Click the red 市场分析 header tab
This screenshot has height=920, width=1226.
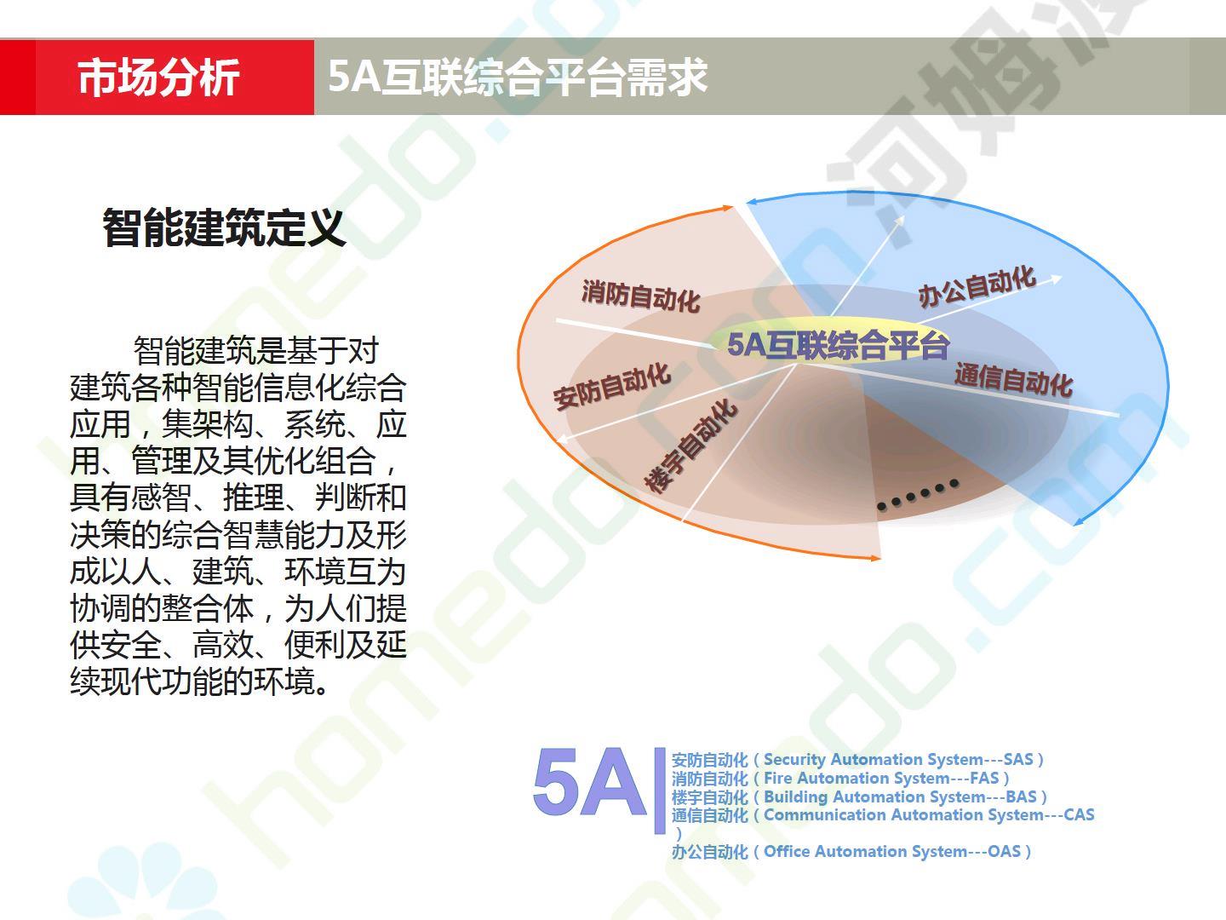[x=157, y=77]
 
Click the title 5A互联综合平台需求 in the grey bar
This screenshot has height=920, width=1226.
[x=517, y=77]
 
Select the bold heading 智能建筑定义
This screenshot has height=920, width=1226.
[x=224, y=227]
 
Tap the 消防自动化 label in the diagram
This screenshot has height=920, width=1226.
[x=640, y=296]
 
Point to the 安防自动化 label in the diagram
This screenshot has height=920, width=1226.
[x=612, y=385]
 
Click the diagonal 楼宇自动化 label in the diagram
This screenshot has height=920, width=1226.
[x=691, y=446]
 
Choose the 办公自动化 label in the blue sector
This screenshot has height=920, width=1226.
[x=977, y=286]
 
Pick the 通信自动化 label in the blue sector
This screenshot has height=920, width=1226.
[x=1013, y=381]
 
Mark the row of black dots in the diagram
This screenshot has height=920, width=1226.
[x=919, y=494]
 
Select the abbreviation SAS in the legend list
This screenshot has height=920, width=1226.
[x=1017, y=760]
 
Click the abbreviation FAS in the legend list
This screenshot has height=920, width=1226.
[x=984, y=778]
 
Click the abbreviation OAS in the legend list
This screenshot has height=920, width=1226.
[x=1005, y=852]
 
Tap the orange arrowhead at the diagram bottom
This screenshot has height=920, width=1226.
[x=874, y=557]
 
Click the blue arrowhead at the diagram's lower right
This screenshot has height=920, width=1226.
[x=1079, y=521]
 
